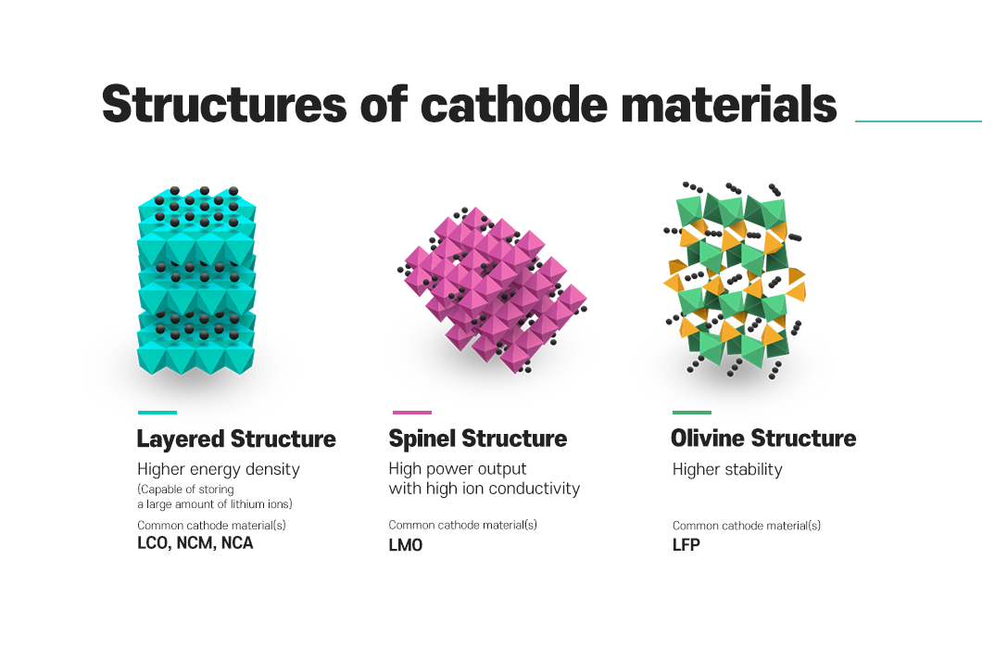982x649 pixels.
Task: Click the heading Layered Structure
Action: click(236, 439)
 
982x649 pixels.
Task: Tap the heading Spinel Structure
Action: click(477, 439)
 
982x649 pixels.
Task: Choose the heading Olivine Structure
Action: click(763, 439)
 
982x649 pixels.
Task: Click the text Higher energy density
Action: click(219, 469)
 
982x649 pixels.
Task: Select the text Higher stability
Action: click(727, 469)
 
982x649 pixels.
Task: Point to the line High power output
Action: click(458, 469)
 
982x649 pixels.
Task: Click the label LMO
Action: click(406, 545)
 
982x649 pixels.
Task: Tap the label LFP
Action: click(686, 545)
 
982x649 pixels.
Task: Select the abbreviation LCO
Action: click(155, 543)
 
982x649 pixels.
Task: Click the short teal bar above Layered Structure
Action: click(157, 413)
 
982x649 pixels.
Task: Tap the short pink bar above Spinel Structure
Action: click(411, 413)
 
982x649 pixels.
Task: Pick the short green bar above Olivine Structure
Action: click(692, 413)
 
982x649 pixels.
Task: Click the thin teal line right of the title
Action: click(917, 121)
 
